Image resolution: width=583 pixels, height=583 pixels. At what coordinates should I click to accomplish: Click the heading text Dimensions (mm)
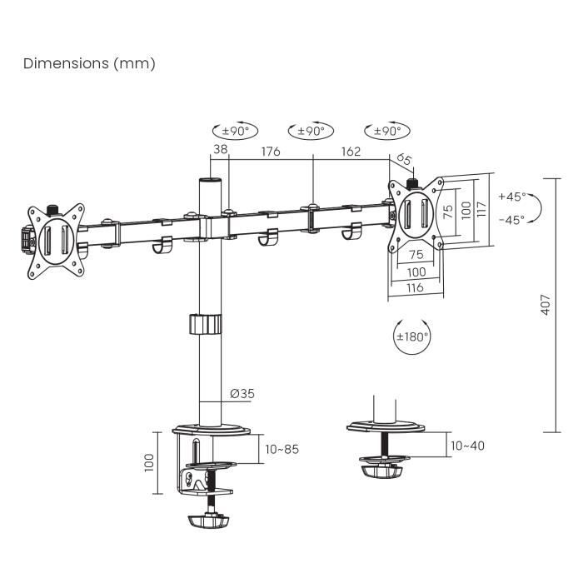(89, 63)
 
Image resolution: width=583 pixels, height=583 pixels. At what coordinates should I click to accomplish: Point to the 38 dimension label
(220, 151)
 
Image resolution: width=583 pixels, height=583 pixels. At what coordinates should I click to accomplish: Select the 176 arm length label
(270, 152)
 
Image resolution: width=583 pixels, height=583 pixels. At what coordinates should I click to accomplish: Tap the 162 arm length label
(351, 152)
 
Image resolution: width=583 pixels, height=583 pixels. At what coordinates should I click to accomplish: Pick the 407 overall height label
(546, 306)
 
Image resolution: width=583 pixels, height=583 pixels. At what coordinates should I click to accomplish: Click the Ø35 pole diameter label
(241, 394)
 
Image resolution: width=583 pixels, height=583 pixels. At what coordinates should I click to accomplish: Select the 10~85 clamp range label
(281, 449)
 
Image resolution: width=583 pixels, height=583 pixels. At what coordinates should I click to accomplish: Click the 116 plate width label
(415, 287)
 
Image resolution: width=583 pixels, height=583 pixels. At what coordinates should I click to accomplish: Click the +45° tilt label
(512, 197)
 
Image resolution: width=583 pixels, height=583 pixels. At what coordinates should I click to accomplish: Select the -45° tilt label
(512, 220)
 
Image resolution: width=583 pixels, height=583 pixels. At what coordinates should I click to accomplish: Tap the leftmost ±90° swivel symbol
(235, 131)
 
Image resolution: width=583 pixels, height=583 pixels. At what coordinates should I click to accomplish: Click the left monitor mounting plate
(56, 238)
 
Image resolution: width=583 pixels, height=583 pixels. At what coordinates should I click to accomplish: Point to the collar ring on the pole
(204, 323)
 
